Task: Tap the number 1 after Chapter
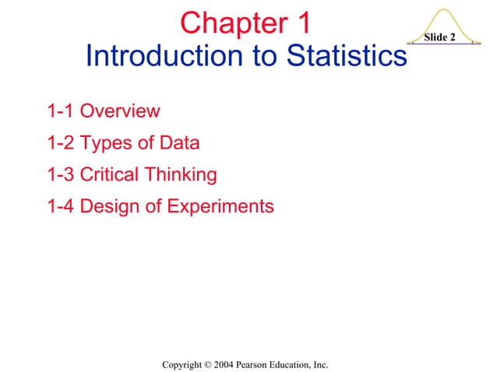tap(303, 23)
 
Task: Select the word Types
tap(104, 144)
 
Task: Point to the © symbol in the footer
tap(205, 363)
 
